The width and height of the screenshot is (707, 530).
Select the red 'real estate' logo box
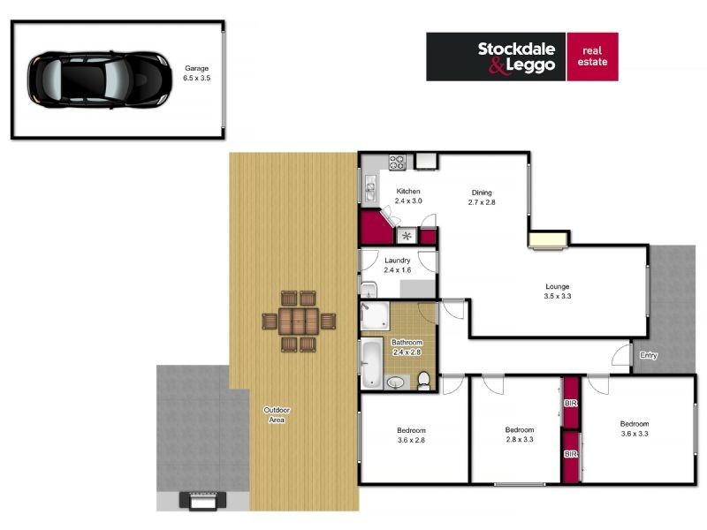click(x=592, y=57)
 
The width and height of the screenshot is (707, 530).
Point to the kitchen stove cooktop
click(x=398, y=163)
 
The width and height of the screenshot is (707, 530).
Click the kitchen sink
click(x=369, y=187)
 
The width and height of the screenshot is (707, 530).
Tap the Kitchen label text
click(x=408, y=192)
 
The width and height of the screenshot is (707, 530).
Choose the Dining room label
click(x=482, y=193)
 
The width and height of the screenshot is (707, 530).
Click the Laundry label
click(x=398, y=261)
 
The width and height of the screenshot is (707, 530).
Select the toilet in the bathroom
click(x=424, y=379)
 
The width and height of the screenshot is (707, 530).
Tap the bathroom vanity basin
click(x=395, y=382)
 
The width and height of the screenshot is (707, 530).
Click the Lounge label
click(x=557, y=286)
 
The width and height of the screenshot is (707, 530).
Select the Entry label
click(x=649, y=355)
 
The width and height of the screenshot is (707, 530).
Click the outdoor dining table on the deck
click(x=298, y=322)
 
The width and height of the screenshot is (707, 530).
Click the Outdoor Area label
click(x=277, y=414)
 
